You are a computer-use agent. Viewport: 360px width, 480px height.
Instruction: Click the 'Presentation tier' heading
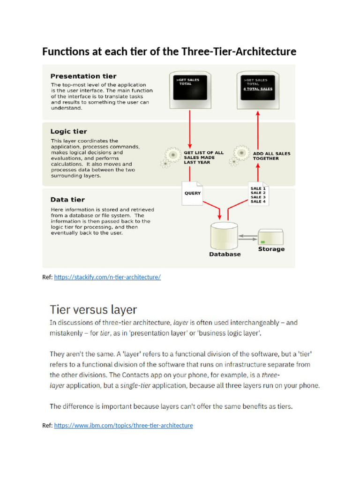83,76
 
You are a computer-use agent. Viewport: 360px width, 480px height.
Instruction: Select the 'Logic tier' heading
68,132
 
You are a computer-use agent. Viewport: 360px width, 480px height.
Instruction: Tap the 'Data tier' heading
67,200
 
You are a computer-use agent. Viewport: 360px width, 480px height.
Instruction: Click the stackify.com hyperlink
107,277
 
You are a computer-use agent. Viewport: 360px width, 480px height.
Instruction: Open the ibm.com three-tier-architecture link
123,425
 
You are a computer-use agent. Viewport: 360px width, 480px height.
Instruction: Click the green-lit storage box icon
270,237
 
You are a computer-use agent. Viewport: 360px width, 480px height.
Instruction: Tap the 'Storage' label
271,249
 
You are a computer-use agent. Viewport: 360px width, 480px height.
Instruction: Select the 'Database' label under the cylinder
225,254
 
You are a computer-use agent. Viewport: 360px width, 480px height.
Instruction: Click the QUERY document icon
192,193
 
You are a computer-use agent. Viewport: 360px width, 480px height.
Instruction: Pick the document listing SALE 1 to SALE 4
258,194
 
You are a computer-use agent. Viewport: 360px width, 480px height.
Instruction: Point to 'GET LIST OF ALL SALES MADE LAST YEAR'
203,157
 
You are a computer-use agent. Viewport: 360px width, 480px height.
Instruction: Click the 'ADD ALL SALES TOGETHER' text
271,156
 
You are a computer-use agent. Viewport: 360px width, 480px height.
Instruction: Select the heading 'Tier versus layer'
93,309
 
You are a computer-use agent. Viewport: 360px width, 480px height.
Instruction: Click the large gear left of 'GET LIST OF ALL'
173,154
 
